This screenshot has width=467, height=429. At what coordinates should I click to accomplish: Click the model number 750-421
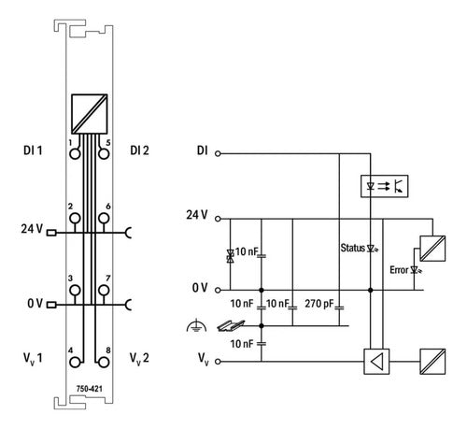pos(90,389)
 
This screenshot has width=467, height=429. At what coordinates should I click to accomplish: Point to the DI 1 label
pos(33,150)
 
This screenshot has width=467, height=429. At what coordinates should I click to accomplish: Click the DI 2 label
pos(139,150)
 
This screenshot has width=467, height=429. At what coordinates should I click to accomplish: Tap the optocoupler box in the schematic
pos(384,186)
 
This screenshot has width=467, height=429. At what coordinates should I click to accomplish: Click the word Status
pos(352,248)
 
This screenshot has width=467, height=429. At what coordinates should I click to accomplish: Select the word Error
pos(399,270)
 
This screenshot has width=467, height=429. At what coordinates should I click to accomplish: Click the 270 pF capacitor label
pos(319,304)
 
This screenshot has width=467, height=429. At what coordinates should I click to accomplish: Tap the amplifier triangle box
pos(376,362)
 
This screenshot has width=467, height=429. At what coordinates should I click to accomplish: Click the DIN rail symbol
pos(231,325)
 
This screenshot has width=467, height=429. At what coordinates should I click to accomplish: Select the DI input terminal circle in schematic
pos(218,153)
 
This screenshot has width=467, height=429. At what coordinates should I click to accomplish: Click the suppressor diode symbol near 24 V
pos(231,256)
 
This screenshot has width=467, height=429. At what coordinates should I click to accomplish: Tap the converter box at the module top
pos(90,114)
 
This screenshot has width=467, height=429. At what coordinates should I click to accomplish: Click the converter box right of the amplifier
pos(432,362)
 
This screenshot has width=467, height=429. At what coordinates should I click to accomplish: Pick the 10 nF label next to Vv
pos(242,344)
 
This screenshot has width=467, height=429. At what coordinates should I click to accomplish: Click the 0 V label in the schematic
pos(200,288)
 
